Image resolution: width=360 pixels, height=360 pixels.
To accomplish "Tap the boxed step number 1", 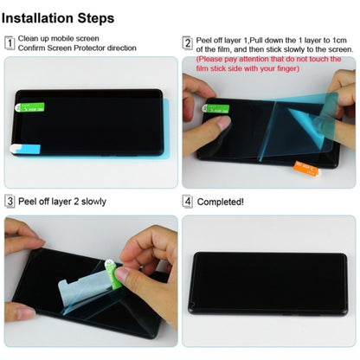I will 10,42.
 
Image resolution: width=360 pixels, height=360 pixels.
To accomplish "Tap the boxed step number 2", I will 186,42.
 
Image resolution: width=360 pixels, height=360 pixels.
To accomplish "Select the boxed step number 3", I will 10,201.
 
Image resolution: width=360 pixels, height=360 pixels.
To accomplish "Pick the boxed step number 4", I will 186,201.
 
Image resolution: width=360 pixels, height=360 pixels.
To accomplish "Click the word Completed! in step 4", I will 221,201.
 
